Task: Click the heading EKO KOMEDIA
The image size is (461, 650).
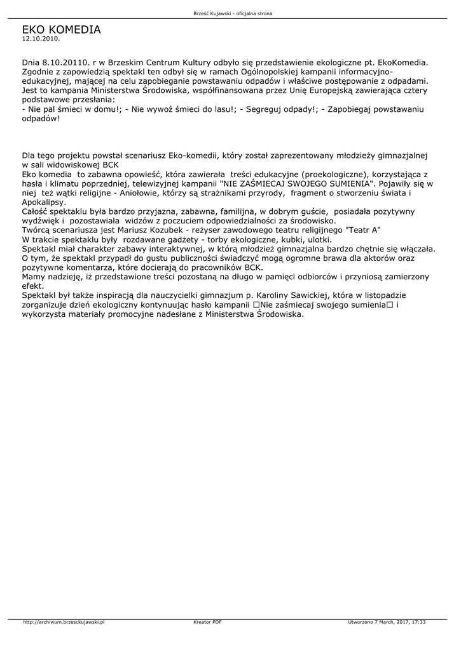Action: [61, 29]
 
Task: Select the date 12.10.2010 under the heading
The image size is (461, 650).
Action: [41, 39]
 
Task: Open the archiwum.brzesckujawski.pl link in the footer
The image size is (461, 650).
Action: [64, 622]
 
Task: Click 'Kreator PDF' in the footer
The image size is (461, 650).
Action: [207, 622]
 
